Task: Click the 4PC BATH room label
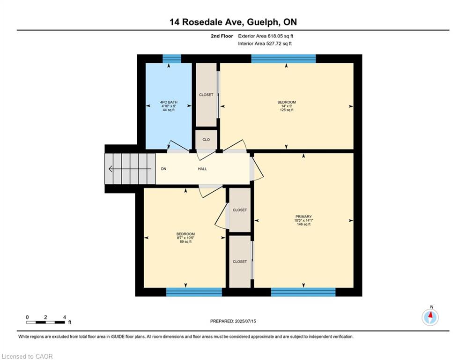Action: click(169, 102)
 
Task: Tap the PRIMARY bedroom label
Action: click(303, 217)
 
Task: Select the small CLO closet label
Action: click(206, 140)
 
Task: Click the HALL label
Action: click(202, 169)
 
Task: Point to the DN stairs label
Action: click(163, 169)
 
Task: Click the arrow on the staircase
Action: click(130, 169)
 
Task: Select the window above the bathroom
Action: click(172, 59)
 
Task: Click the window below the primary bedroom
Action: click(303, 292)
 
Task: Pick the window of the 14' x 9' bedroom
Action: click(283, 59)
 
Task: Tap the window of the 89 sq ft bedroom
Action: click(194, 292)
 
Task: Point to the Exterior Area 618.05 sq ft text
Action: click(266, 36)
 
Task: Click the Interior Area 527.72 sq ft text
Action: click(265, 44)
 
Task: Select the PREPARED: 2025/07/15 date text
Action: click(233, 321)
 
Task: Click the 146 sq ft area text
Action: click(303, 225)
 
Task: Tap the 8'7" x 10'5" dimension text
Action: click(185, 238)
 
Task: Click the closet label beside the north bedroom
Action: click(206, 95)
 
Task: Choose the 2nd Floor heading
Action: click(222, 36)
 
